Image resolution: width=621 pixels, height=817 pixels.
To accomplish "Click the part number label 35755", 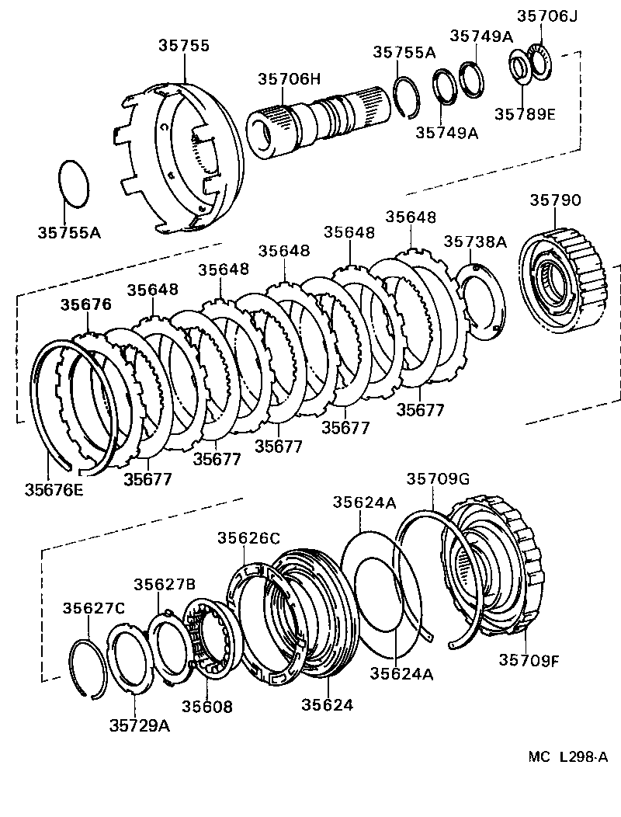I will click(x=184, y=46).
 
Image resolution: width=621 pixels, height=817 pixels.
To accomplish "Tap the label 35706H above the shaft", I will click(x=289, y=78).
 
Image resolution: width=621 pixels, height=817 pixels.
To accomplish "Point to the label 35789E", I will click(x=526, y=114).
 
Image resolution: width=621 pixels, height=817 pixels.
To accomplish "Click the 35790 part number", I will click(x=555, y=200).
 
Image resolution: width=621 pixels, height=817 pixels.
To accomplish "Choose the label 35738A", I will click(x=475, y=242).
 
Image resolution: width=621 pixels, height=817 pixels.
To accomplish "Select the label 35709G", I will click(x=439, y=479).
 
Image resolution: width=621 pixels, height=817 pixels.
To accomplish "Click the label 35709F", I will click(x=529, y=659).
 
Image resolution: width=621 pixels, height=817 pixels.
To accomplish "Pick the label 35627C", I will click(x=94, y=607).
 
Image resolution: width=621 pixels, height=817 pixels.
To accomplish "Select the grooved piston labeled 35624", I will click(x=310, y=614).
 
